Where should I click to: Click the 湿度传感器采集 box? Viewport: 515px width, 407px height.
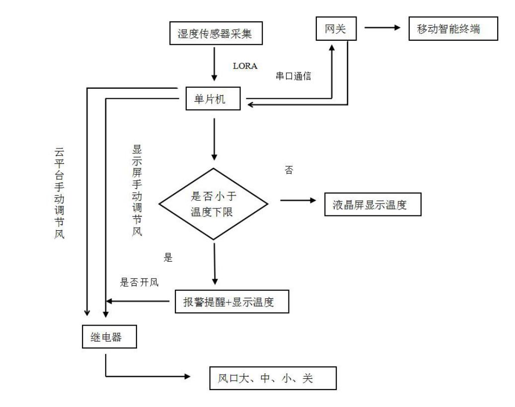pos(216,33)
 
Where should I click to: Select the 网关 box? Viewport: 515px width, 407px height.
pos(336,29)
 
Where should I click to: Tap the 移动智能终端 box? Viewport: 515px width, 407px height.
pos(453,29)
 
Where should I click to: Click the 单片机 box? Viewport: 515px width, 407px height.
pos(213,98)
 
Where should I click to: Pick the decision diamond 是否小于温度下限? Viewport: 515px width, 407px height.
pos(214,204)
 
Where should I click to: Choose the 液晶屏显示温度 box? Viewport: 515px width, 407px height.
pos(373,204)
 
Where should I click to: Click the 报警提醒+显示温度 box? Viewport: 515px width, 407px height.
pos(232,301)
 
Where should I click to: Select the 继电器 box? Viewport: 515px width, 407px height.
pos(109,337)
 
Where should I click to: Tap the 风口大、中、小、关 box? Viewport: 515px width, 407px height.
pos(273,378)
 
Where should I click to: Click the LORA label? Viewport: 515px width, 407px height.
pos(245,66)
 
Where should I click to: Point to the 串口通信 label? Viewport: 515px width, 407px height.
pos(294,76)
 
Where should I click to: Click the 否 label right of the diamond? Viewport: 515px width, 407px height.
pos(289,170)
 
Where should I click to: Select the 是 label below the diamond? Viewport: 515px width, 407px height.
pos(168,257)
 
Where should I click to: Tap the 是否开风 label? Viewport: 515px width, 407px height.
pos(139,282)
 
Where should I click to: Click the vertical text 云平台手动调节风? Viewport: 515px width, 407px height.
pos(59,193)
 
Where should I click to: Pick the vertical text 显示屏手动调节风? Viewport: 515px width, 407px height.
pos(137,191)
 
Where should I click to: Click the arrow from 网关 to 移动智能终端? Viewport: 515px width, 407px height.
pos(382,28)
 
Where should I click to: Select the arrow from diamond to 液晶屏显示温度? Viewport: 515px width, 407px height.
pos(298,200)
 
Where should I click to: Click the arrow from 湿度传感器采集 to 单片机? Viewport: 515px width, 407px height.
pos(214,64)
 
